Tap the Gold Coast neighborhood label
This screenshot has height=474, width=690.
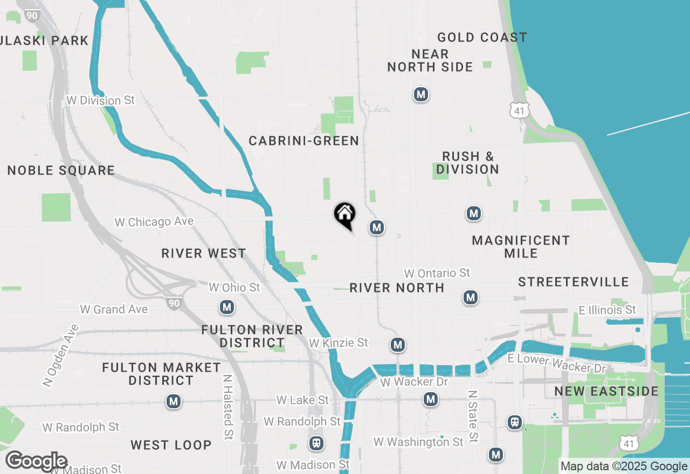[x=482, y=37]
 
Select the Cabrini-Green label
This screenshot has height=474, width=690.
[x=303, y=141]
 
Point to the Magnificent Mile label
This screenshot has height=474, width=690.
[x=521, y=247]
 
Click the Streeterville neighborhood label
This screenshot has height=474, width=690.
[x=573, y=282]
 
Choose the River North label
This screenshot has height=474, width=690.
[x=397, y=288]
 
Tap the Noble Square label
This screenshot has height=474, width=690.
[x=61, y=171]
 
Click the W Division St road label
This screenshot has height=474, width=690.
[x=100, y=100]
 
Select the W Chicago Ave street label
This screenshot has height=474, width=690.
[x=154, y=221]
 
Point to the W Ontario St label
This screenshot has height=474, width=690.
[x=437, y=273]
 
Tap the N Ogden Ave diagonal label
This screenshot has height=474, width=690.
[x=60, y=355]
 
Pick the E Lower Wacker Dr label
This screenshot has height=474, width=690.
[x=556, y=364]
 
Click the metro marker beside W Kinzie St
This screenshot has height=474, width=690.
[x=398, y=344]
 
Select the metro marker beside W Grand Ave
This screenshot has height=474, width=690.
[x=227, y=308]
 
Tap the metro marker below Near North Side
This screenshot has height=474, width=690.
[x=421, y=94]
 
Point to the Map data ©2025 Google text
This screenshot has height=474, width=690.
[x=624, y=466]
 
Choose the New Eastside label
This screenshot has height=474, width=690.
[x=606, y=391]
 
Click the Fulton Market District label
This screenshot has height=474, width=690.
[x=162, y=374]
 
